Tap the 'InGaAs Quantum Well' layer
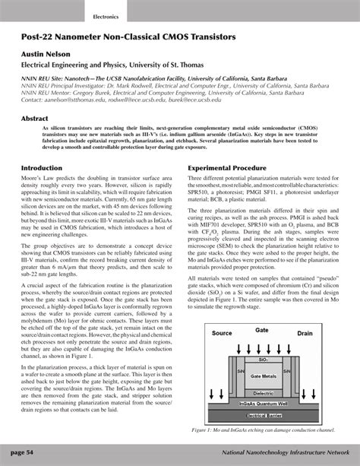tap(264, 405)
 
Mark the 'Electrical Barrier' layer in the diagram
tap(264, 417)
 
